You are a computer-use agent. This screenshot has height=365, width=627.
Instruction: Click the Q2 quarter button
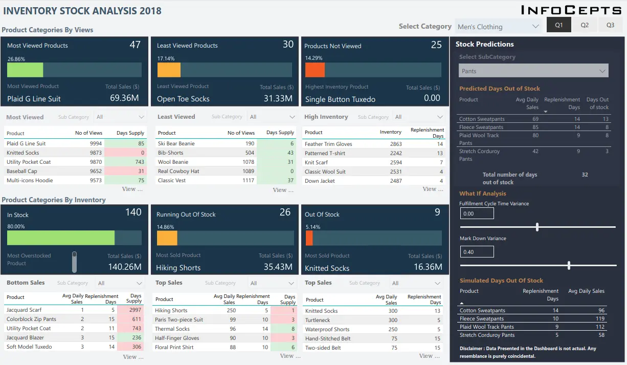click(x=585, y=25)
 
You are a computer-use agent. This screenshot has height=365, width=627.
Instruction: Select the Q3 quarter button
click(x=610, y=25)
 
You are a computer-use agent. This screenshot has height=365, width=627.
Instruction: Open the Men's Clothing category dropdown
click(x=498, y=27)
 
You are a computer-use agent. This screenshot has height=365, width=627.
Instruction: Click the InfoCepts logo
click(x=571, y=10)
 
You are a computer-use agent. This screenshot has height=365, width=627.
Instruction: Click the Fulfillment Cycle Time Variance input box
click(x=477, y=213)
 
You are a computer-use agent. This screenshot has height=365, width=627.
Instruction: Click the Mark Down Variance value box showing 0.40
click(x=477, y=252)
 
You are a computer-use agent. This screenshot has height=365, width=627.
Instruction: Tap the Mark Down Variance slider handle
click(x=569, y=265)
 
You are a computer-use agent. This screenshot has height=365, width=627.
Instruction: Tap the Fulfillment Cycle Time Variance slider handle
click(x=537, y=227)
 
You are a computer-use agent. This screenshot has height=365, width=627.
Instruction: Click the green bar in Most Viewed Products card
click(x=25, y=70)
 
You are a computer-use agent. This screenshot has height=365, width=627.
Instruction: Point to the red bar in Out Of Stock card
click(x=309, y=239)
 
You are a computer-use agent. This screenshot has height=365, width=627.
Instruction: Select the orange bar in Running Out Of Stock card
click(x=167, y=239)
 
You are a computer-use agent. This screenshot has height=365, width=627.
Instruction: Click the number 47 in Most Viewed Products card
click(x=135, y=45)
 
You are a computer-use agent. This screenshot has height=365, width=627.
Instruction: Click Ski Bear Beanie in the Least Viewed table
click(x=176, y=144)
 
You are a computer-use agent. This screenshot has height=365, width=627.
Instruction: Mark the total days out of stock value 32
click(x=585, y=175)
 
